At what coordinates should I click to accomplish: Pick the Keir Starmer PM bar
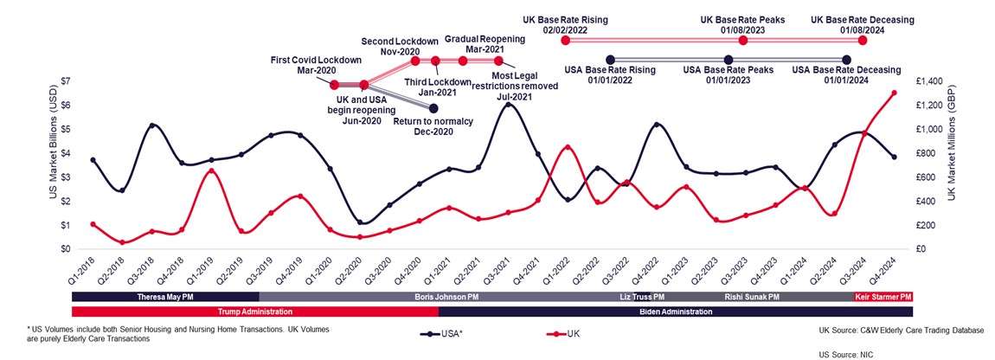(883, 296)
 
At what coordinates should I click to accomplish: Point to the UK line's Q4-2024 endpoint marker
(894, 93)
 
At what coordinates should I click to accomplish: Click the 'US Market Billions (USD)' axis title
(55, 164)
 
